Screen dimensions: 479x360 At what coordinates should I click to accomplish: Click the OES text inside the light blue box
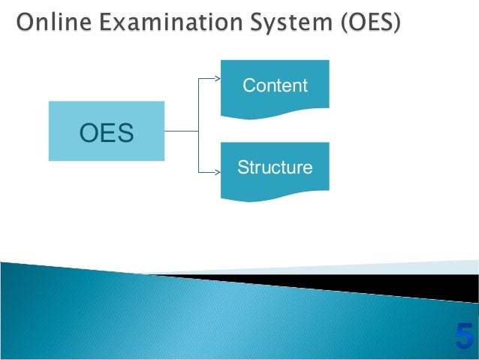(x=107, y=135)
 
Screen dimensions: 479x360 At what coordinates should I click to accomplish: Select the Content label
(x=275, y=86)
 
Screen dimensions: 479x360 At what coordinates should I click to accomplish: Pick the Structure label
(x=275, y=168)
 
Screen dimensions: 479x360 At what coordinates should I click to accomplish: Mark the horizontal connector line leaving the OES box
(x=180, y=131)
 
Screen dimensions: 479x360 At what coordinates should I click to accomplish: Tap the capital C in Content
(x=249, y=86)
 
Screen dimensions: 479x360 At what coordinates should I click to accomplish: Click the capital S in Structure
(x=243, y=168)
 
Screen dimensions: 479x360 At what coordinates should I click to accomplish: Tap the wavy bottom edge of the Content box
(x=275, y=114)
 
